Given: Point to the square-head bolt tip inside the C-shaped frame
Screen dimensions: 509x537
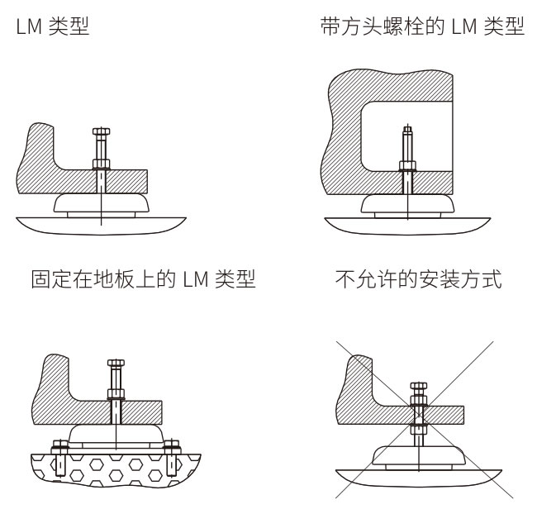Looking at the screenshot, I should click(406, 130).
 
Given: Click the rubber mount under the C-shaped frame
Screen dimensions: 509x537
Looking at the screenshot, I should click(406, 202).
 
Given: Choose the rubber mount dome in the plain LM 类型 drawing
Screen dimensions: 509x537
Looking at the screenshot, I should click(99, 201).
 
